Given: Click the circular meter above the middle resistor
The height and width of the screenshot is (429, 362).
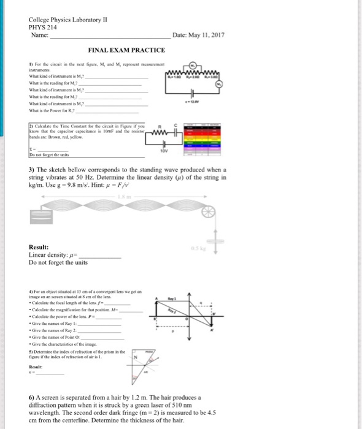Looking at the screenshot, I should point(193,64).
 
